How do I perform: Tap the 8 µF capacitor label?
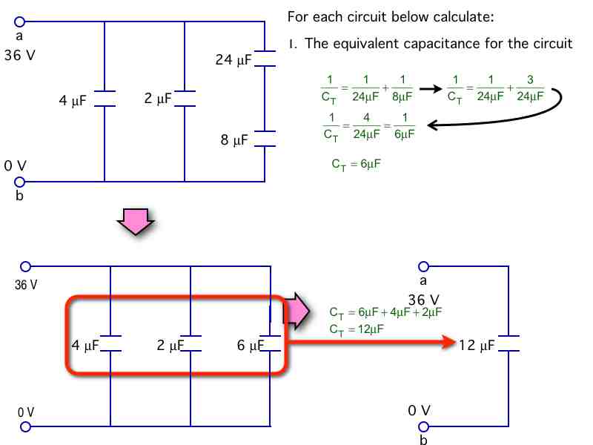(x=236, y=139)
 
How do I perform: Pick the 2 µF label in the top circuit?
(x=158, y=98)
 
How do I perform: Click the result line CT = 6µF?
(x=356, y=163)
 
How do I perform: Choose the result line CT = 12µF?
(x=356, y=329)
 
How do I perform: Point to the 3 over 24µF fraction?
(x=529, y=88)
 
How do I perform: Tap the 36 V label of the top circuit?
(x=19, y=56)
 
